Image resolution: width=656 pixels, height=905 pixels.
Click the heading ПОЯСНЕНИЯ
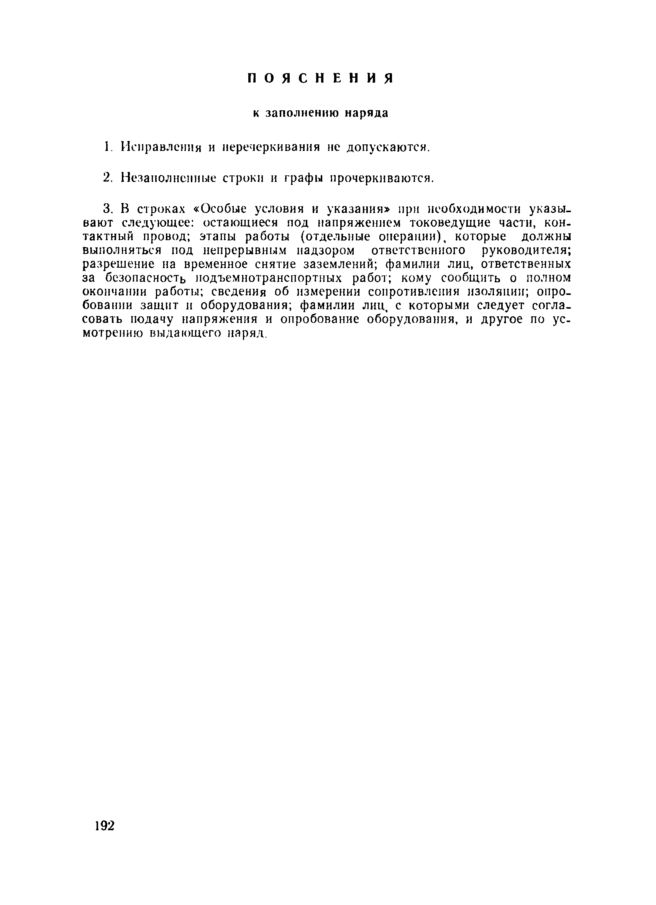(321, 79)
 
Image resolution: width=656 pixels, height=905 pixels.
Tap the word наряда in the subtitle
(366, 114)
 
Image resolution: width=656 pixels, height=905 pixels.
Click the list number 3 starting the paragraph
(107, 209)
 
